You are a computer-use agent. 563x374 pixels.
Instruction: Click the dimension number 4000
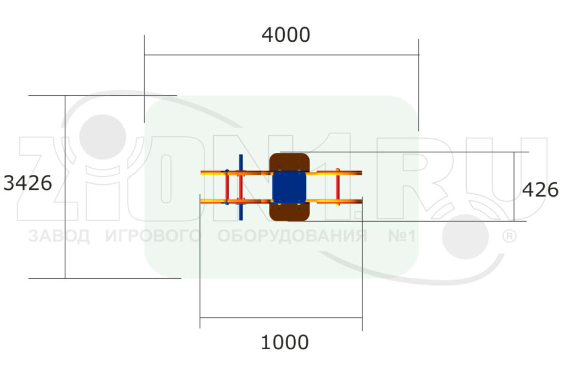[x=286, y=35]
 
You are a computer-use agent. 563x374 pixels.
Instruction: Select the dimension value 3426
[x=27, y=183]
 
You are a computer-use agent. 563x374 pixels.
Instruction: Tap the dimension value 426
[x=540, y=189]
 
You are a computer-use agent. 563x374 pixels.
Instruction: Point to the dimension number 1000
[x=285, y=342]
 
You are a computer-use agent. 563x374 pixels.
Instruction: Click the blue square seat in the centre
[x=289, y=187]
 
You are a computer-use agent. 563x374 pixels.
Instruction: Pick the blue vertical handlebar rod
[x=241, y=187]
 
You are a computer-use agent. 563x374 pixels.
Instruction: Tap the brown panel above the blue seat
[x=289, y=162]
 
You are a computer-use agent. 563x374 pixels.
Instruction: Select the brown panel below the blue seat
[x=289, y=212]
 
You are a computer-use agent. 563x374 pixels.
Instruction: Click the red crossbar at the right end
[x=338, y=187]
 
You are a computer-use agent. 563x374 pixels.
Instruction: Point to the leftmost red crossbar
[x=227, y=187]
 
